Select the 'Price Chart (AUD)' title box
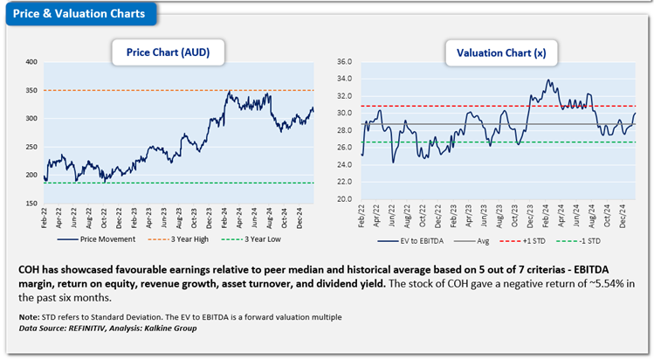click(x=167, y=53)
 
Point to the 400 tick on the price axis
click(x=31, y=62)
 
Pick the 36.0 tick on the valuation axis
click(x=342, y=62)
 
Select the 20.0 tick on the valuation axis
click(x=342, y=199)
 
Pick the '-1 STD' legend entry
click(x=590, y=239)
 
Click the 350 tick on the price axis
click(x=31, y=90)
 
